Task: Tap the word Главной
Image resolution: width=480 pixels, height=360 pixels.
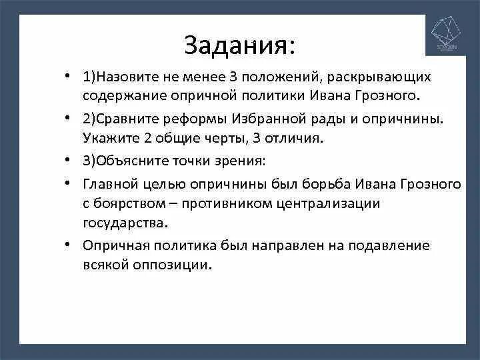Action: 109,184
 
